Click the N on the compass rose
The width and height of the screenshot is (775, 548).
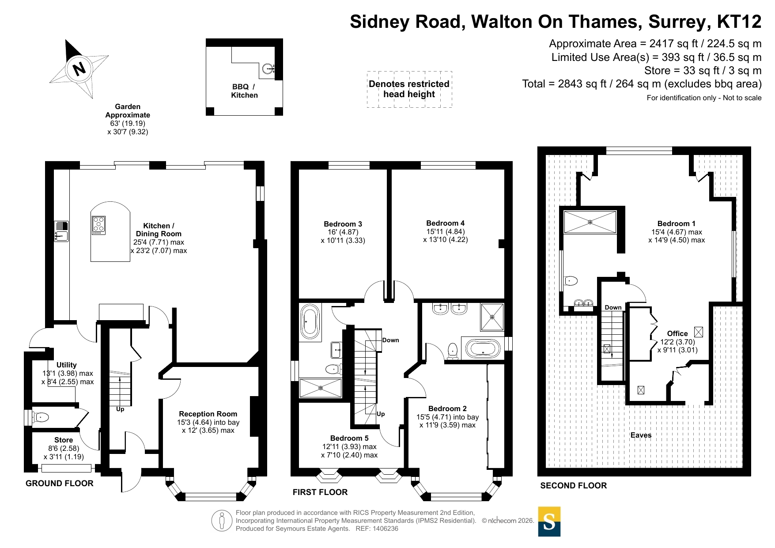(79, 69)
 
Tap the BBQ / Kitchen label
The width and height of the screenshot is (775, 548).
(244, 91)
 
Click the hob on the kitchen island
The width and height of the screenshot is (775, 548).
(98, 225)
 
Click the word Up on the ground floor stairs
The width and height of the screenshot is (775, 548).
(120, 409)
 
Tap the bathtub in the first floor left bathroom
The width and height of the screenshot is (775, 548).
(310, 322)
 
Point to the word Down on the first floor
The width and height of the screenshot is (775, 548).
(391, 340)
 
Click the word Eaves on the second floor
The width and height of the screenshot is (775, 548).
(641, 435)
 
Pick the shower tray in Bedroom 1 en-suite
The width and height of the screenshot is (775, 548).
(590, 222)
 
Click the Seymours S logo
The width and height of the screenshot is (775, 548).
(549, 522)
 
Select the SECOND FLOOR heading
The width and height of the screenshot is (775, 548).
(574, 485)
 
